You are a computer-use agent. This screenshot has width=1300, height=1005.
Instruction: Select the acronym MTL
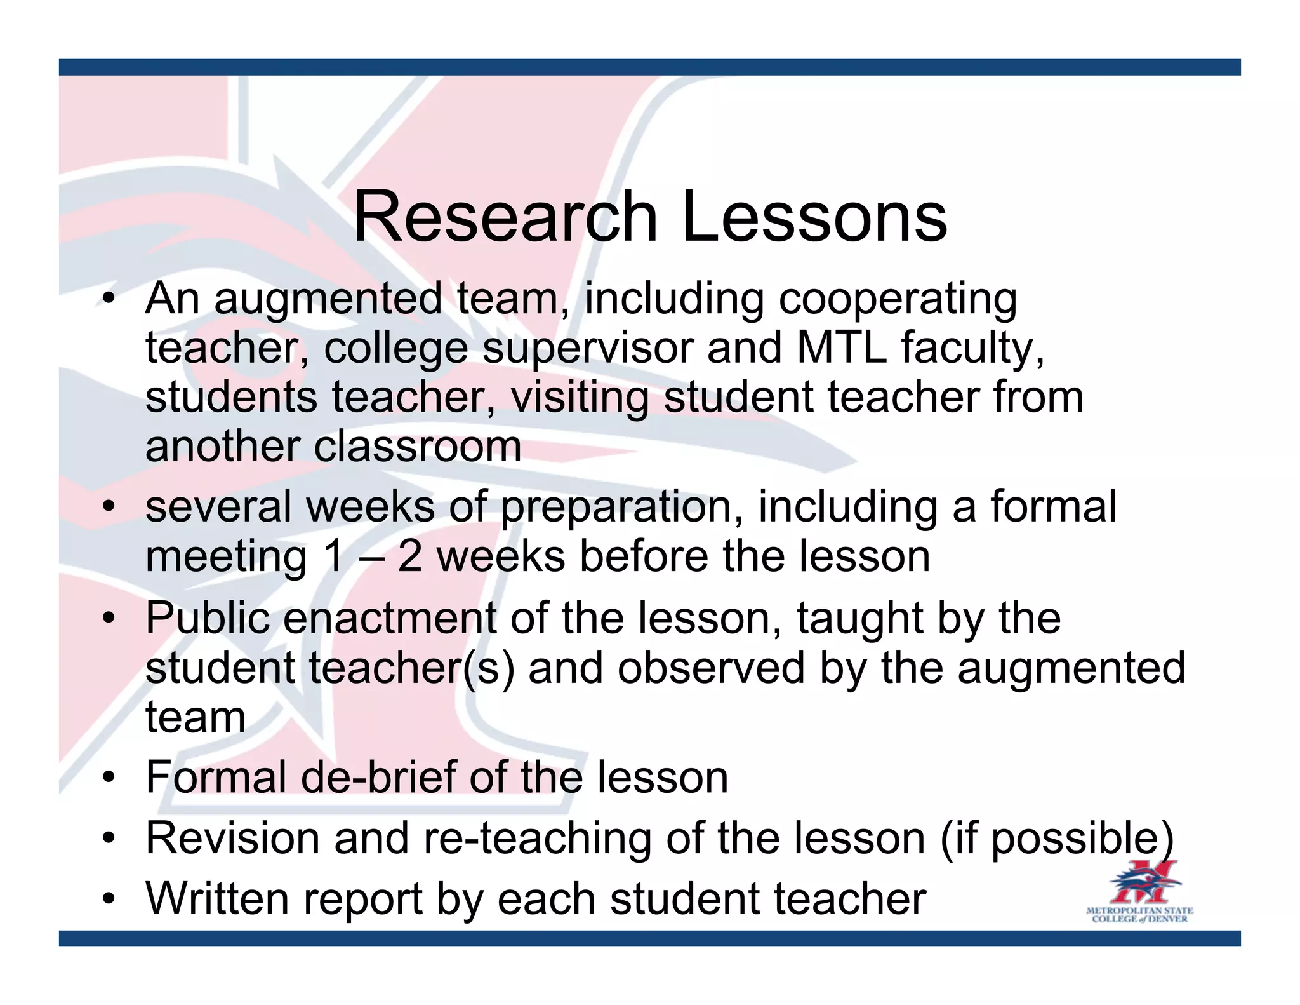(x=841, y=348)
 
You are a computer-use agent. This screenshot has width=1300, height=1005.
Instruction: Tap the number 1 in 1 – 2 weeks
(x=333, y=557)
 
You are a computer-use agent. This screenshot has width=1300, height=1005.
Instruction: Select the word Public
(x=208, y=618)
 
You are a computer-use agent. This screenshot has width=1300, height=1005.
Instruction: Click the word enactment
(x=390, y=618)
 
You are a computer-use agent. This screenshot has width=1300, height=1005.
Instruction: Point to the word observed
(x=711, y=668)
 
